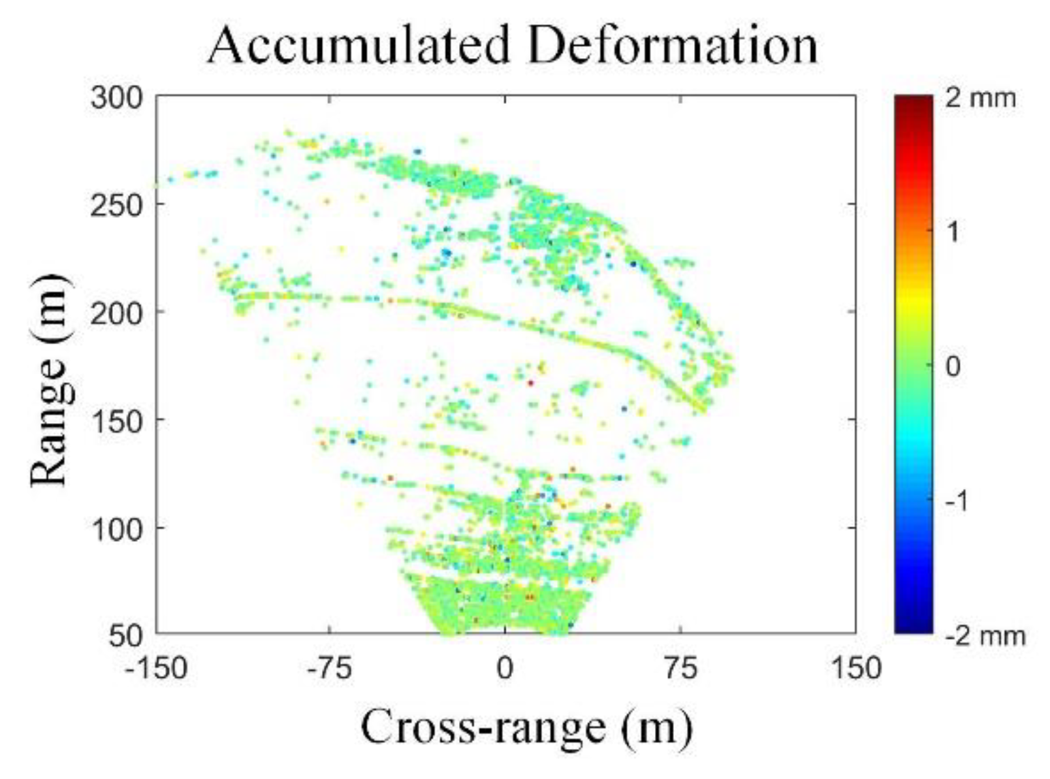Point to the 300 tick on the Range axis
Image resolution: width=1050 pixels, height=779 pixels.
click(116, 99)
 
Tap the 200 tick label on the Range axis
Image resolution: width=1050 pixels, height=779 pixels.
click(116, 313)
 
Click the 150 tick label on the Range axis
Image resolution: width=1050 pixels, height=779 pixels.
click(116, 420)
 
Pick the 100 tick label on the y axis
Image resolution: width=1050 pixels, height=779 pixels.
click(116, 527)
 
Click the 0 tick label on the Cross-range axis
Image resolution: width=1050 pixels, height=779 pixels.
click(505, 667)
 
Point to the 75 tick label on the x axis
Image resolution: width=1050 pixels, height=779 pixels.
click(681, 667)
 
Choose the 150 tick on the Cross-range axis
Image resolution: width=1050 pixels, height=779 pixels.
click(855, 667)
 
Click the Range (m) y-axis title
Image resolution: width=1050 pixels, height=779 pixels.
click(50, 379)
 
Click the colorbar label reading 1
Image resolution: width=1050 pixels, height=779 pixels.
click(953, 231)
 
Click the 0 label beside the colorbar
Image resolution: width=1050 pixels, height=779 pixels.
click(953, 366)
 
